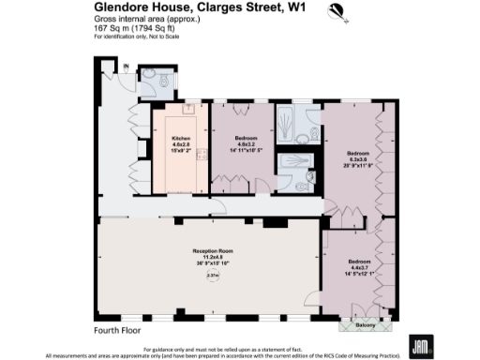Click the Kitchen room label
tap(180, 140)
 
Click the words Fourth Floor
tap(117, 330)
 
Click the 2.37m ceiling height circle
tap(212, 276)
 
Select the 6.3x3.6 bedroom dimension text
tap(358, 158)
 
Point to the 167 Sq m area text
tap(111, 28)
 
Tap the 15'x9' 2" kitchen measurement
tap(180, 151)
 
